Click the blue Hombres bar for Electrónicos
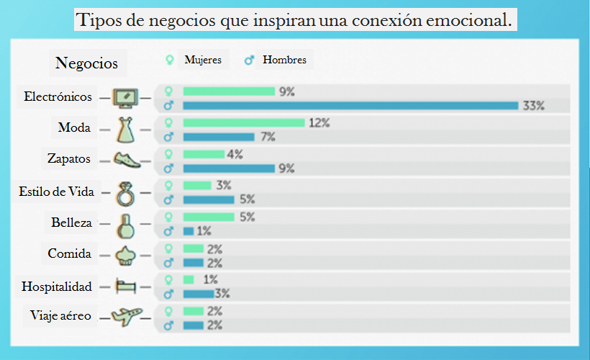click(x=350, y=106)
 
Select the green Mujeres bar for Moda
click(x=244, y=122)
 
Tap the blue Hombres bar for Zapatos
click(x=229, y=168)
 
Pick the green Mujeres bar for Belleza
click(x=209, y=217)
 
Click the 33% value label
click(x=533, y=106)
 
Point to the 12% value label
click(x=319, y=123)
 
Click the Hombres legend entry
click(x=278, y=60)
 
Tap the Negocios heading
click(x=86, y=63)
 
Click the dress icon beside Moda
click(x=126, y=129)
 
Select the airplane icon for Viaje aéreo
click(x=126, y=316)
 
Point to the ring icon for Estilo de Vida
click(x=126, y=192)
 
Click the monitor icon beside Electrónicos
click(x=126, y=97)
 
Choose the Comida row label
click(x=69, y=253)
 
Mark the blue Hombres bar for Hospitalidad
click(x=199, y=294)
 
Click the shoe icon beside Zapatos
click(x=126, y=160)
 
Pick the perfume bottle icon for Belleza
click(x=126, y=225)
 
